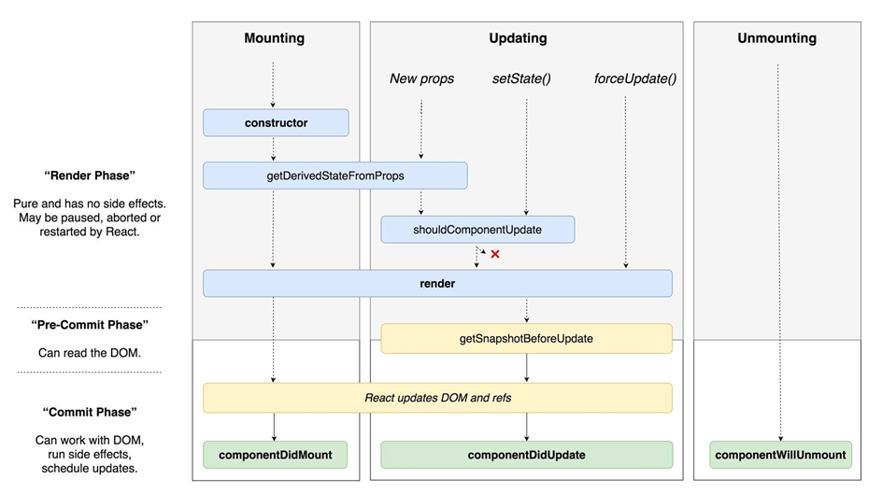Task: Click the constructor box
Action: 276,122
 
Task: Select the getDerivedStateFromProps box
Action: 334,176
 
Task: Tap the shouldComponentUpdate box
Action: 477,229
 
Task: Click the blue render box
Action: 437,283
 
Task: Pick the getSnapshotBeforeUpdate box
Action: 526,338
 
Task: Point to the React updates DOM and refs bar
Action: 437,397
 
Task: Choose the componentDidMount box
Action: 275,455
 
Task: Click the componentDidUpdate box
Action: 526,455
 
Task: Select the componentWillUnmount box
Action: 780,455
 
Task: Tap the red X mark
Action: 495,254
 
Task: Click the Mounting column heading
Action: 275,38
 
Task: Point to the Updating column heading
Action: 518,38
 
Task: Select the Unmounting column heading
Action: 776,38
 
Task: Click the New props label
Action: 421,78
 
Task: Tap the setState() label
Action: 521,78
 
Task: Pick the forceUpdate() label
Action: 635,78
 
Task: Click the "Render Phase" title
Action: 89,176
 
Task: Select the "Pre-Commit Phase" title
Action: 89,325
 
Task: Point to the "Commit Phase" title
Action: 89,412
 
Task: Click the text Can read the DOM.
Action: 89,353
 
